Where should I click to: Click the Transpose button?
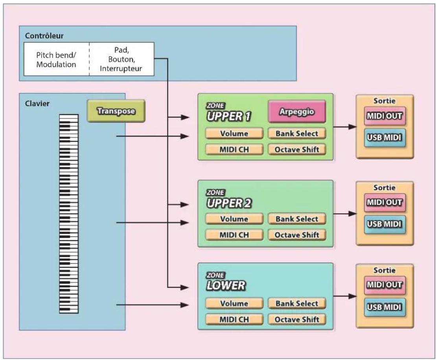pyautogui.click(x=116, y=111)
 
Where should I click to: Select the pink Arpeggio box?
pyautogui.click(x=297, y=112)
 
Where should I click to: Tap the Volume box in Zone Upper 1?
pyautogui.click(x=234, y=133)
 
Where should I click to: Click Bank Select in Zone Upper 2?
pyautogui.click(x=297, y=219)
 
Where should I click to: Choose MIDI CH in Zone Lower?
pyautogui.click(x=234, y=319)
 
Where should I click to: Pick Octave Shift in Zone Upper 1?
pyautogui.click(x=297, y=150)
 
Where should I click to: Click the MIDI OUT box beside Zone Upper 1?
pyautogui.click(x=384, y=116)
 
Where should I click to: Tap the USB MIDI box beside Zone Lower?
pyautogui.click(x=384, y=307)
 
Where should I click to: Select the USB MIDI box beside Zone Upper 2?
pyautogui.click(x=384, y=224)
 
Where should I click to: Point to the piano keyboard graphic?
pyautogui.click(x=69, y=214)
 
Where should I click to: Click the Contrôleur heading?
pyautogui.click(x=44, y=36)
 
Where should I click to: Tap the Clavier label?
pyautogui.click(x=37, y=103)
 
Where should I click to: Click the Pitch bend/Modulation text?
pyautogui.click(x=56, y=59)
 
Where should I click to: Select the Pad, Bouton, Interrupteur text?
pyautogui.click(x=121, y=59)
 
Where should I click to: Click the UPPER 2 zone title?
pyautogui.click(x=229, y=203)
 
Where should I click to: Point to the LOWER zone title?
pyautogui.click(x=226, y=285)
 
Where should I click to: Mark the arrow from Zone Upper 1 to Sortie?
pyautogui.click(x=345, y=127)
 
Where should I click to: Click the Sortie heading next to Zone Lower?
pyautogui.click(x=384, y=270)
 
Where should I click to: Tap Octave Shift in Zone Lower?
pyautogui.click(x=297, y=319)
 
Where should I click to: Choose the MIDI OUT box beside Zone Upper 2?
pyautogui.click(x=384, y=202)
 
